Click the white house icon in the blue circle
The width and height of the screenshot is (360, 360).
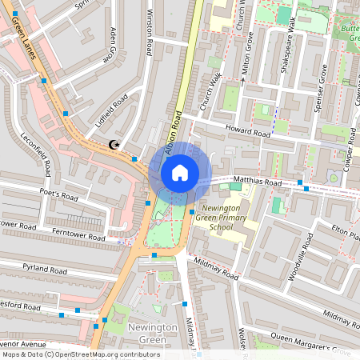pos(180,172)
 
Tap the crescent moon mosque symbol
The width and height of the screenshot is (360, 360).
pos(114,145)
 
